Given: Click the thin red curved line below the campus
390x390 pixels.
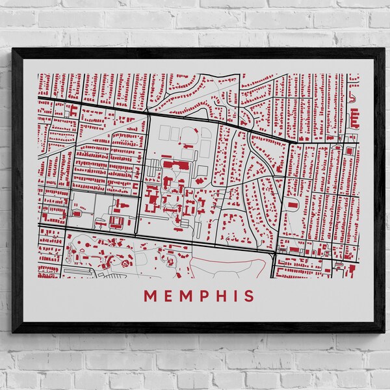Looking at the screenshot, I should (x=227, y=259).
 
